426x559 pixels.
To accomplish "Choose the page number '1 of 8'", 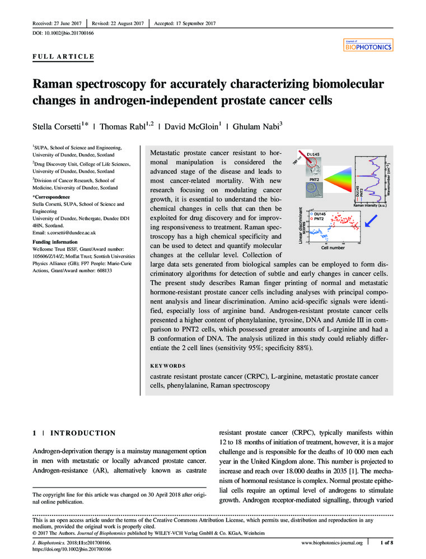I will pos(386,542).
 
